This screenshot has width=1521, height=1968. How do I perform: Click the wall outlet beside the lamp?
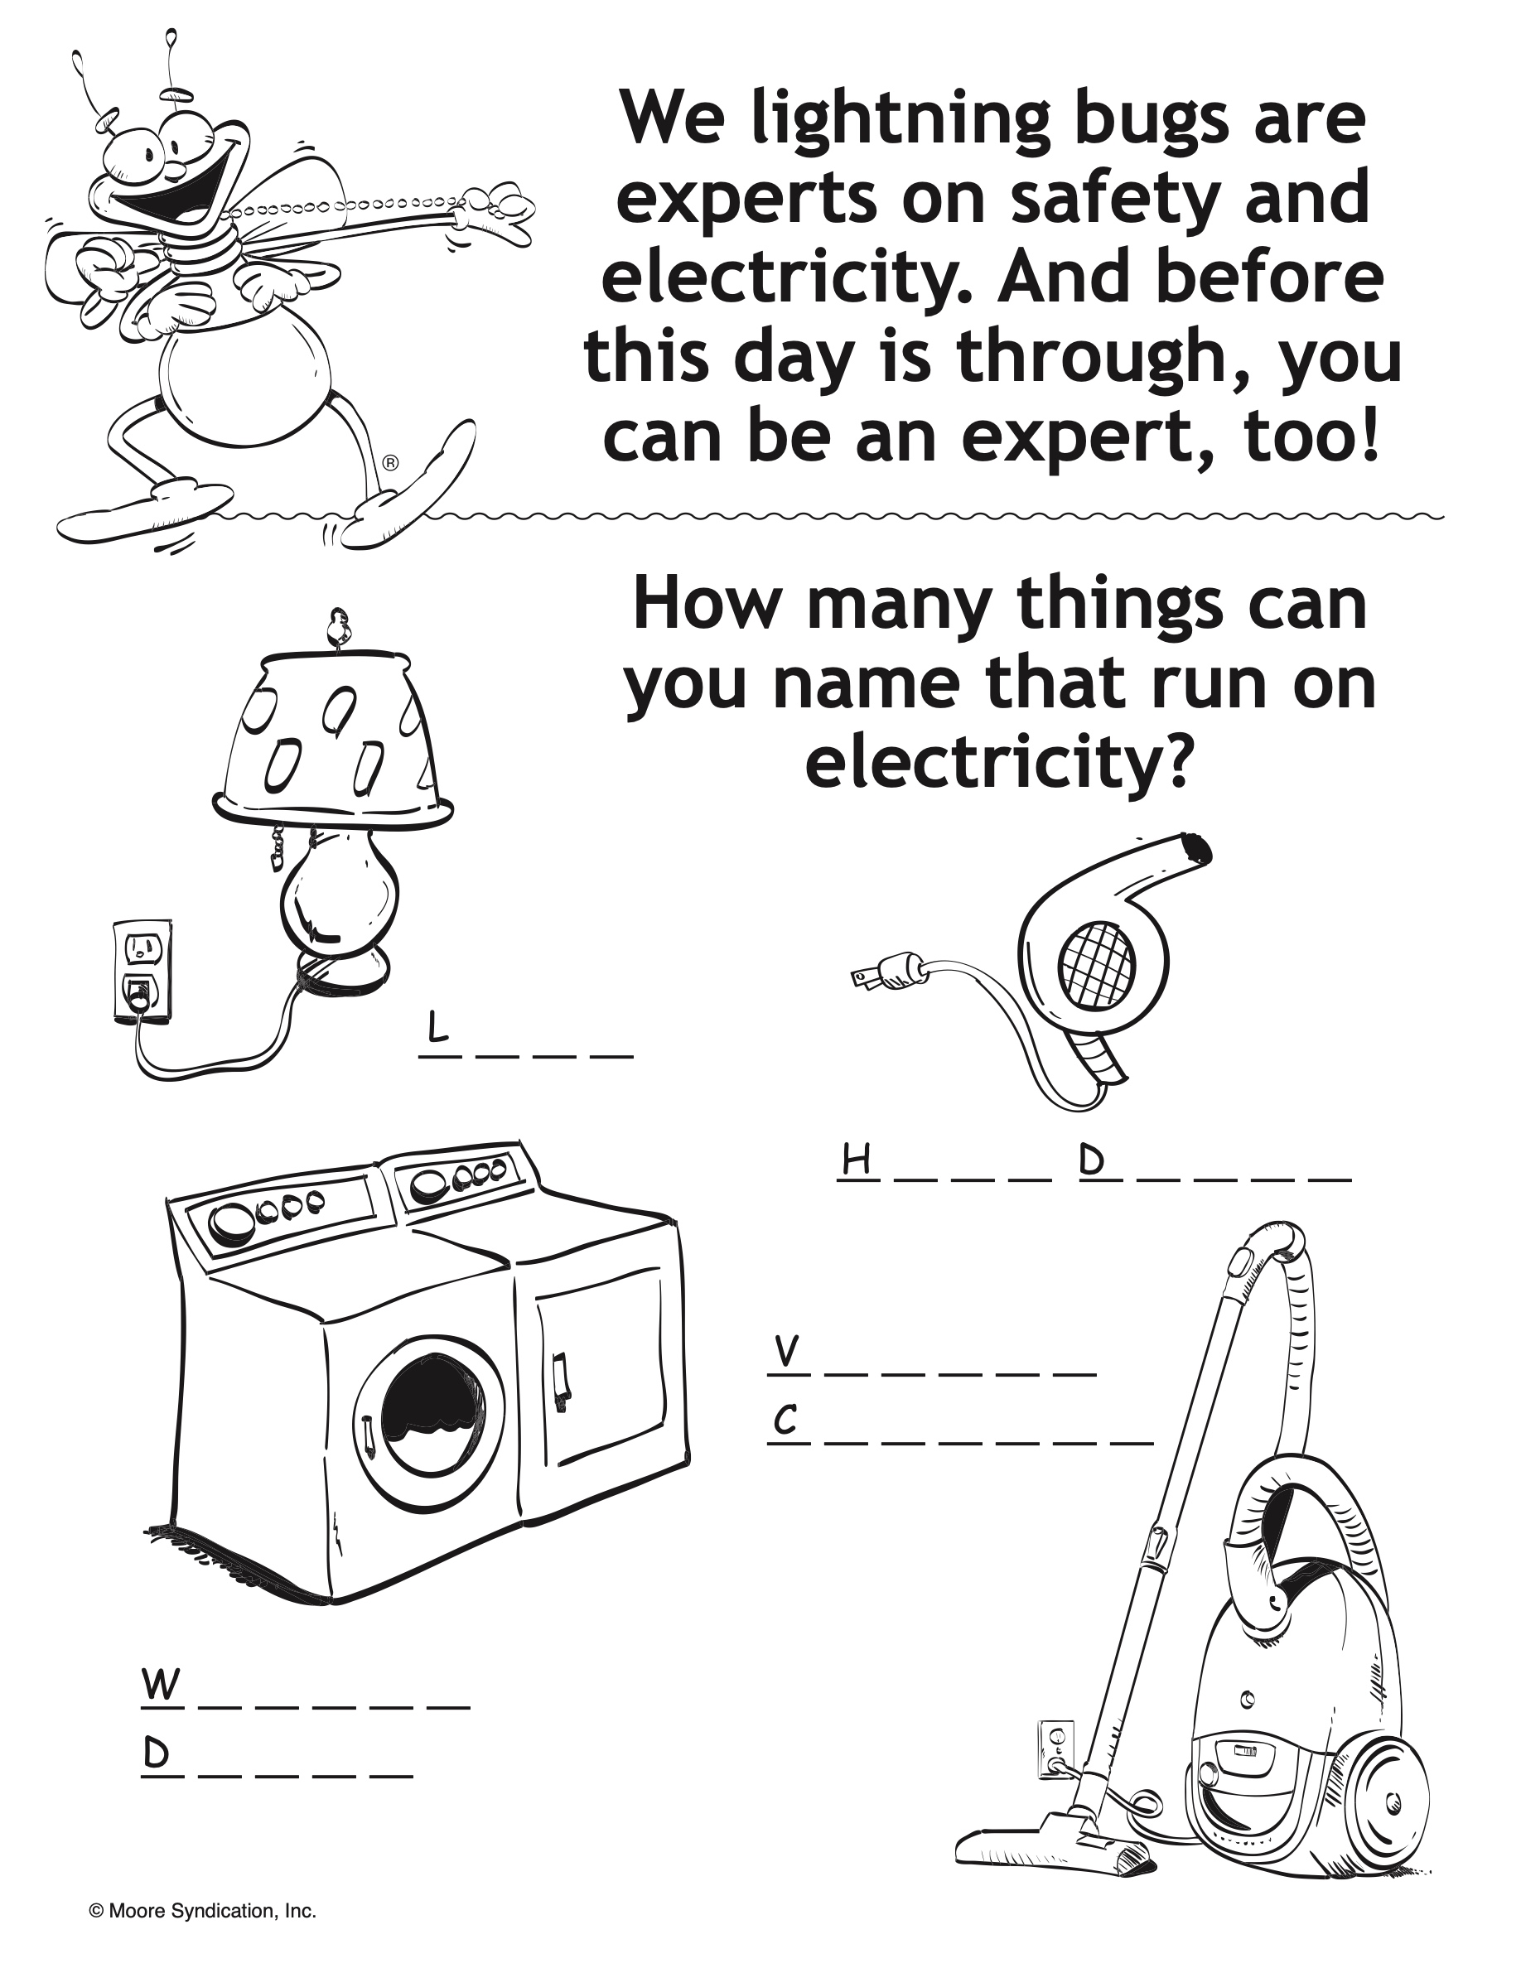click(x=142, y=972)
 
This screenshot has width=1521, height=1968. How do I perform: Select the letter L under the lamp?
click(x=437, y=1027)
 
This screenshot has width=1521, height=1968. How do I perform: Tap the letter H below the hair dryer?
click(x=857, y=1160)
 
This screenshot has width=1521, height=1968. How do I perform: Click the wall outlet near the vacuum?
click(x=1055, y=1749)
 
